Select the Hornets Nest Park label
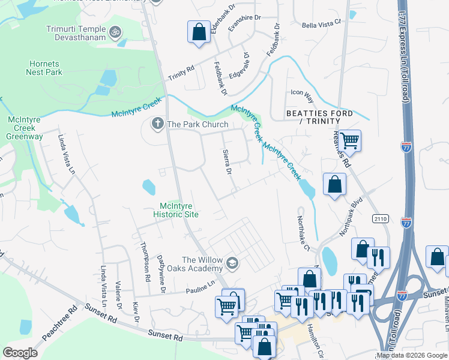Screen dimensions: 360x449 click(44, 68)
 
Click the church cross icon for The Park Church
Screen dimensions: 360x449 click(157, 124)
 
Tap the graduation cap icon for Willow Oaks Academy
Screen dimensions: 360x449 click(232, 263)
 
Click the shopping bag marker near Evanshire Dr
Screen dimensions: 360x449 click(199, 32)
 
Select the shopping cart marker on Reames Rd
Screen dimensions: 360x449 click(349, 141)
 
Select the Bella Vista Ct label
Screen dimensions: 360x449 click(321, 22)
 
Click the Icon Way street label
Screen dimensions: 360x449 click(302, 93)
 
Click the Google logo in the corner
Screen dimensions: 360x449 click(20, 353)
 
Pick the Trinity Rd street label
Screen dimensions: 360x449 click(181, 70)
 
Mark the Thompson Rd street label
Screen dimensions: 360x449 click(144, 262)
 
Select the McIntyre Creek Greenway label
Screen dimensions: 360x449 click(25, 128)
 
